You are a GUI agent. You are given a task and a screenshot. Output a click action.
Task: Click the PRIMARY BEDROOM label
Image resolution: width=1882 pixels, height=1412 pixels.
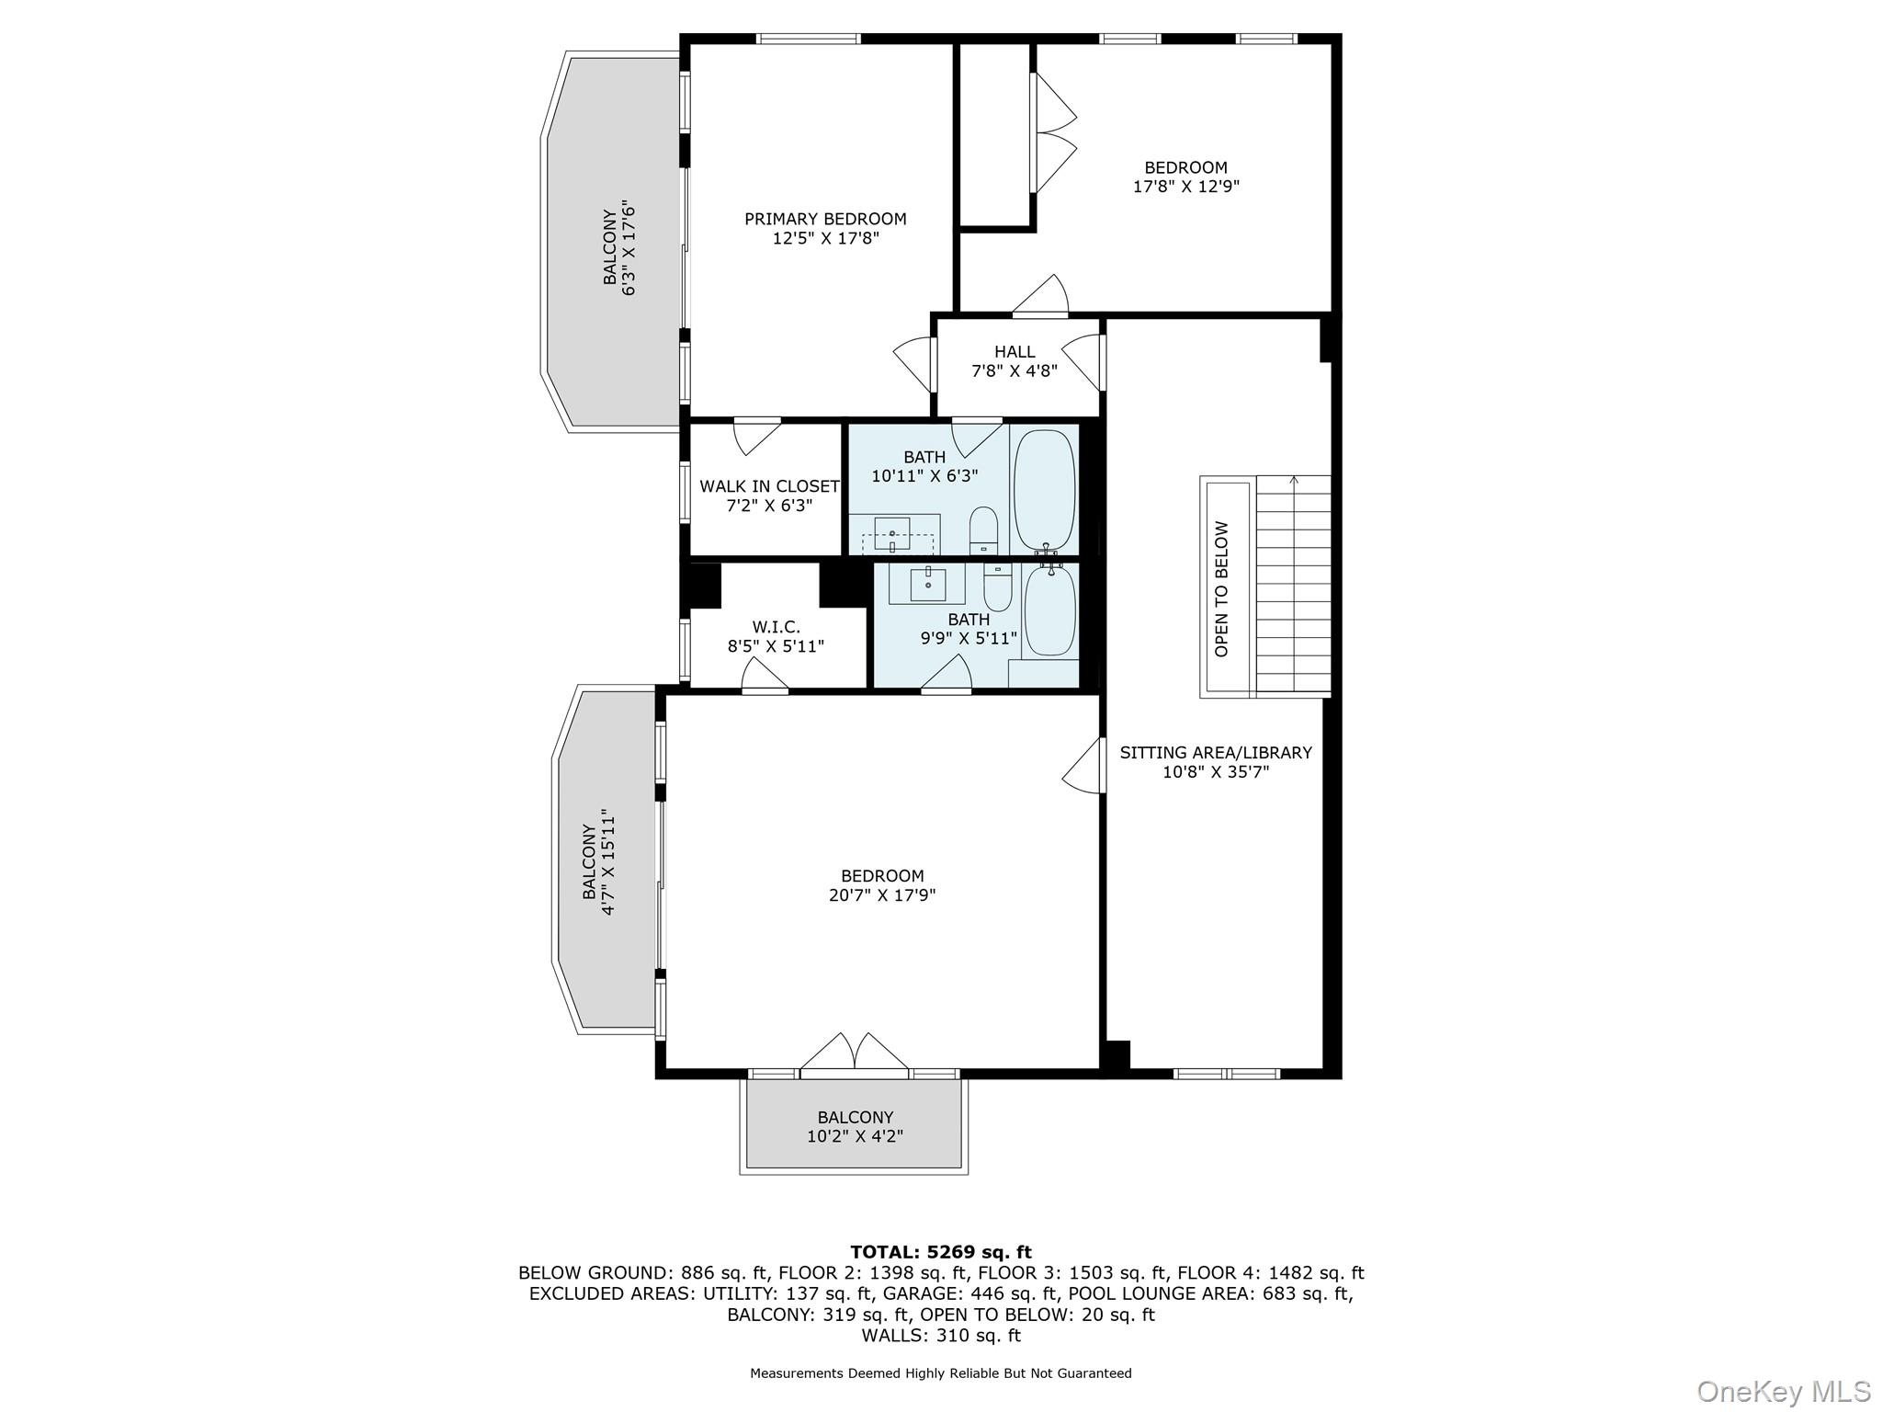(x=825, y=219)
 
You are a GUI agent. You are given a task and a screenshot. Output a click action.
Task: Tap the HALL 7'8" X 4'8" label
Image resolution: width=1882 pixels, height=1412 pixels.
(x=1015, y=361)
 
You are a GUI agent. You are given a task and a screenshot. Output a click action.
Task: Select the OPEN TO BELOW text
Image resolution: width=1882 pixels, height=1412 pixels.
(x=1221, y=589)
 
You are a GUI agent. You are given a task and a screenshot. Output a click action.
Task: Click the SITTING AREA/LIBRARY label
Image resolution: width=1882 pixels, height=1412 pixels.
(x=1215, y=753)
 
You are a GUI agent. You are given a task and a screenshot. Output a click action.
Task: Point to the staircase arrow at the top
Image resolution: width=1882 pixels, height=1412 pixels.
(x=1294, y=480)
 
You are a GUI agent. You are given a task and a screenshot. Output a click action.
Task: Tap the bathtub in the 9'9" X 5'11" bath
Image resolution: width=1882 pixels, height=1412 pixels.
(x=1049, y=611)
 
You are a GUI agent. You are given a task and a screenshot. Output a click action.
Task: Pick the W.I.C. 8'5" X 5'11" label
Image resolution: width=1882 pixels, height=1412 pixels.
(x=776, y=636)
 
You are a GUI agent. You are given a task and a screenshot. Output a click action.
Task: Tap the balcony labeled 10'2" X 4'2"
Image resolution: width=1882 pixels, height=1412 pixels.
(x=855, y=1127)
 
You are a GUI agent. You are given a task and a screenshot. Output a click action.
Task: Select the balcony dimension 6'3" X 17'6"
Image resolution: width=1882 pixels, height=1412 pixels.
(x=629, y=247)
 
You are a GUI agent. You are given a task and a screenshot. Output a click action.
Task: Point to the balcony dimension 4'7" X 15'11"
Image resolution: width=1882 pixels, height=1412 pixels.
(x=607, y=861)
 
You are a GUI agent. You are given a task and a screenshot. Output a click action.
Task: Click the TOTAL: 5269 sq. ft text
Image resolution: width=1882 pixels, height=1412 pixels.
(x=940, y=1252)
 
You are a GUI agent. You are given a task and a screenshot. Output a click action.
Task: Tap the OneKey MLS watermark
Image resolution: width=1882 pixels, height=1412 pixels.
(x=1784, y=1390)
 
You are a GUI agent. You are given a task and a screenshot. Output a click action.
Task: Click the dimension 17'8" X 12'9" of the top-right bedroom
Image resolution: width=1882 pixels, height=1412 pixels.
(x=1185, y=187)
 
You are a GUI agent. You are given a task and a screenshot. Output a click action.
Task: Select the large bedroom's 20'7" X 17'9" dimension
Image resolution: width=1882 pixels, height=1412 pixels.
(x=881, y=895)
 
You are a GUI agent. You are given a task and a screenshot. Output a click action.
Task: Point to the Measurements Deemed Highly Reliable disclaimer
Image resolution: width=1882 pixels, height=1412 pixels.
(x=940, y=1373)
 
